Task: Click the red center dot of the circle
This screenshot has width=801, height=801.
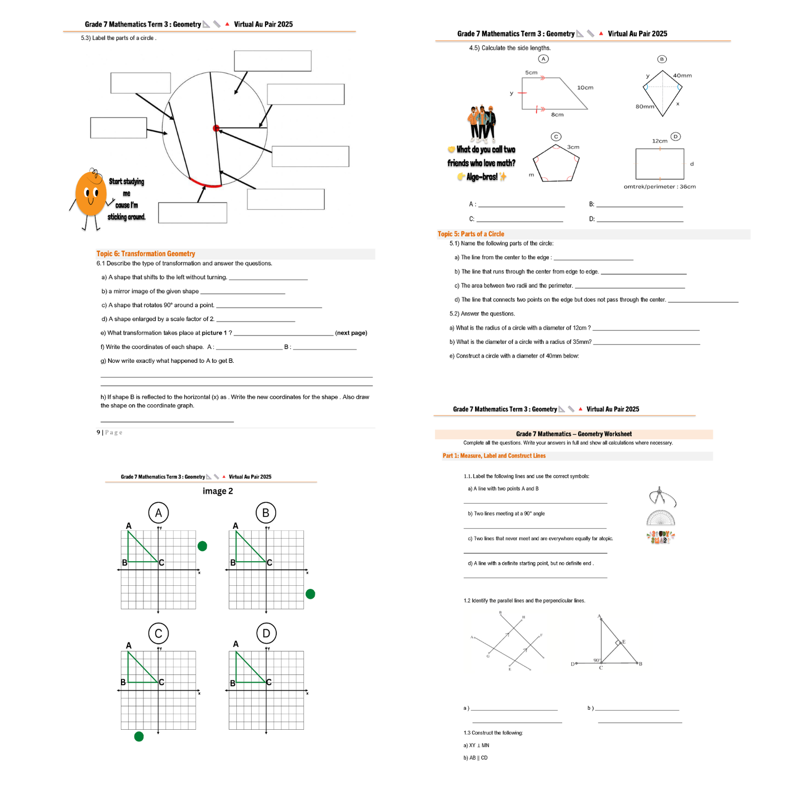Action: [216, 128]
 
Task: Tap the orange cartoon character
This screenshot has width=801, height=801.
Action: [91, 194]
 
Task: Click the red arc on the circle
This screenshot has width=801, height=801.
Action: [204, 183]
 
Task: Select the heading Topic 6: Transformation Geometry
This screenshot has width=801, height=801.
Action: [146, 254]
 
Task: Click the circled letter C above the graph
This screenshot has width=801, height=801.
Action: [158, 633]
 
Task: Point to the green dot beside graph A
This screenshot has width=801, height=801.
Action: [202, 546]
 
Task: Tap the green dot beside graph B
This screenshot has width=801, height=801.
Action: [310, 594]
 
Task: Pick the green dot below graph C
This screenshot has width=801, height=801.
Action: [139, 736]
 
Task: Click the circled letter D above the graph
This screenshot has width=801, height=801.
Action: [266, 633]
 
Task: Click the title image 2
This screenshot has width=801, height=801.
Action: [218, 491]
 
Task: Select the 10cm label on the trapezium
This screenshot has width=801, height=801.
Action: [585, 88]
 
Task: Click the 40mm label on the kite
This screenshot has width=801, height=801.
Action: [682, 76]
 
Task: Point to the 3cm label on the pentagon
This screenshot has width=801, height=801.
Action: [573, 147]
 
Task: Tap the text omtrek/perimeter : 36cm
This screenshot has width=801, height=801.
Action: [660, 187]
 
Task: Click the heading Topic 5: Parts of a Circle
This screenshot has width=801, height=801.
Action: [470, 234]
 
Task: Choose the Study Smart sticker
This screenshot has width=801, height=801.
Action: [661, 537]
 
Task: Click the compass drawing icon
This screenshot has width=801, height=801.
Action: [662, 497]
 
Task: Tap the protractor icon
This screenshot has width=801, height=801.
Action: [661, 518]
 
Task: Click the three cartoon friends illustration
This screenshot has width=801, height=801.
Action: [481, 124]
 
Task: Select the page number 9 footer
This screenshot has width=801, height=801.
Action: [109, 433]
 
